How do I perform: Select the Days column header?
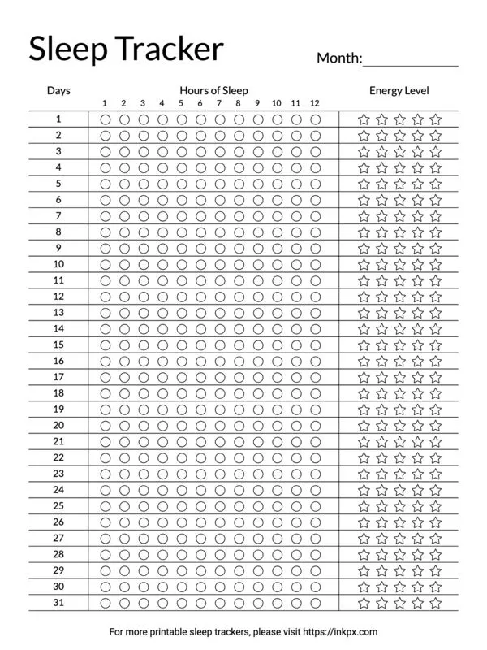(58, 90)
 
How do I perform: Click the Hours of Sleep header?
(213, 90)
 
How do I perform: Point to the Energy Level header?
(399, 90)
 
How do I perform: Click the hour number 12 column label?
(315, 103)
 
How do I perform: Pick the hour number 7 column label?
(219, 103)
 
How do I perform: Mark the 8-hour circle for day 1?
(239, 119)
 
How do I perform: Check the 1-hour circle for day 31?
(105, 603)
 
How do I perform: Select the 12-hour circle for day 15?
(315, 345)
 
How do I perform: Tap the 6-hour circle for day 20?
(200, 426)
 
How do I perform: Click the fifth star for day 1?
(436, 119)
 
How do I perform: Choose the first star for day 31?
(364, 603)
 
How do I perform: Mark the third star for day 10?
(399, 265)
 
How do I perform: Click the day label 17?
(58, 377)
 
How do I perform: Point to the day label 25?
(58, 506)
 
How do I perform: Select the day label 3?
(58, 152)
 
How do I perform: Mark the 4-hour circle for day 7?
(162, 216)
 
